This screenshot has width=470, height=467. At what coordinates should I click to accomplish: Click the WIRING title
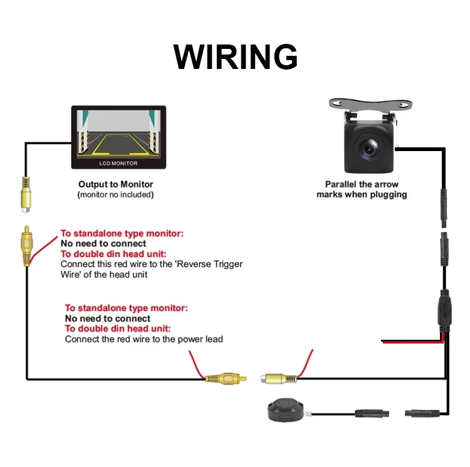(235, 57)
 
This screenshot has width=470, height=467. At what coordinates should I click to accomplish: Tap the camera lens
(367, 148)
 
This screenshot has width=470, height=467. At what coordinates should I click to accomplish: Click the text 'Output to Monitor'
(115, 184)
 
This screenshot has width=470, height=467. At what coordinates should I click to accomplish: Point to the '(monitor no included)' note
(115, 194)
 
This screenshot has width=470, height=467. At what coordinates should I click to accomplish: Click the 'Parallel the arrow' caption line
(361, 184)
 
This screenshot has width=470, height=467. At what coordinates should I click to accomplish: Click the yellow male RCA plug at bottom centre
(225, 379)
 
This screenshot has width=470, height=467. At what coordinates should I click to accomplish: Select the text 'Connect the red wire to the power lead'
(144, 339)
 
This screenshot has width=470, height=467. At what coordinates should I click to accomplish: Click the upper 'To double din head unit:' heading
(113, 254)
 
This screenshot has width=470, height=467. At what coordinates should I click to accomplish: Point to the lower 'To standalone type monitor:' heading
(126, 308)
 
